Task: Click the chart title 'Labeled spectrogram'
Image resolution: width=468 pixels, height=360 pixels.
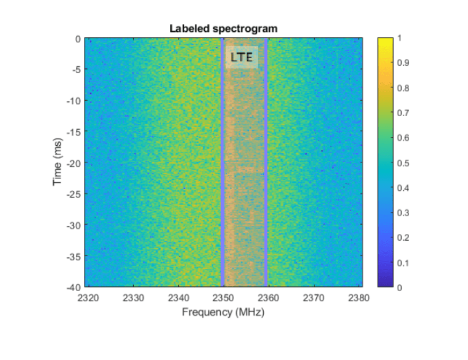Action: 223,29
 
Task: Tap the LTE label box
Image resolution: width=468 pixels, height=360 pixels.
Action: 241,57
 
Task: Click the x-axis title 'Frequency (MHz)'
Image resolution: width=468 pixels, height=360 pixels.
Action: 223,312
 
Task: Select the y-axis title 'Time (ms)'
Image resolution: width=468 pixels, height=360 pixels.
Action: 57,163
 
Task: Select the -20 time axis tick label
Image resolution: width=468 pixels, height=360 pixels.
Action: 73,163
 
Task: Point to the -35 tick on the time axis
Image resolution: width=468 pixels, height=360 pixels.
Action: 73,256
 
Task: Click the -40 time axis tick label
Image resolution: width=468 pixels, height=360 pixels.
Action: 73,287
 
